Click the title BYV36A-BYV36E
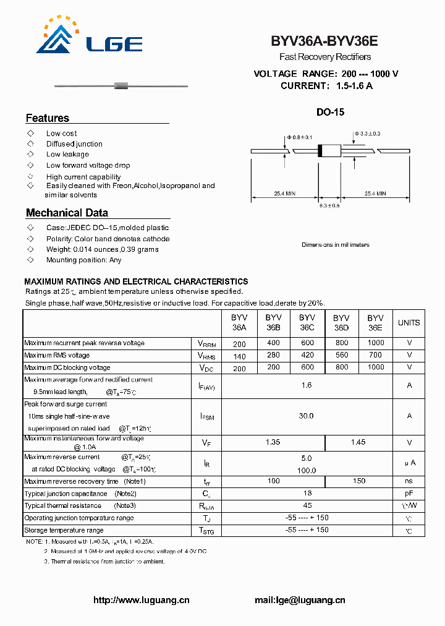(x=324, y=41)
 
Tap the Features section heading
(x=48, y=118)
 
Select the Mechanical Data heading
(x=67, y=213)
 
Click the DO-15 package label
(x=330, y=113)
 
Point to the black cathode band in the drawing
(x=320, y=150)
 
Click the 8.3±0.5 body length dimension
(x=329, y=205)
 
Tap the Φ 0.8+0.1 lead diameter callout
(x=300, y=137)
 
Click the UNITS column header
(x=409, y=323)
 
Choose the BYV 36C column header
(x=307, y=323)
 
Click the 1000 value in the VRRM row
(x=375, y=343)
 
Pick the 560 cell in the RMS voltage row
(x=341, y=355)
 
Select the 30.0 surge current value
(x=307, y=416)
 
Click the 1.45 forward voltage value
(x=358, y=442)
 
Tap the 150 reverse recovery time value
(x=358, y=481)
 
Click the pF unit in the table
(x=409, y=494)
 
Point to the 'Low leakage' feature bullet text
(x=67, y=155)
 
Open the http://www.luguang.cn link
(x=141, y=600)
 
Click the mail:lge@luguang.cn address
(x=300, y=600)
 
